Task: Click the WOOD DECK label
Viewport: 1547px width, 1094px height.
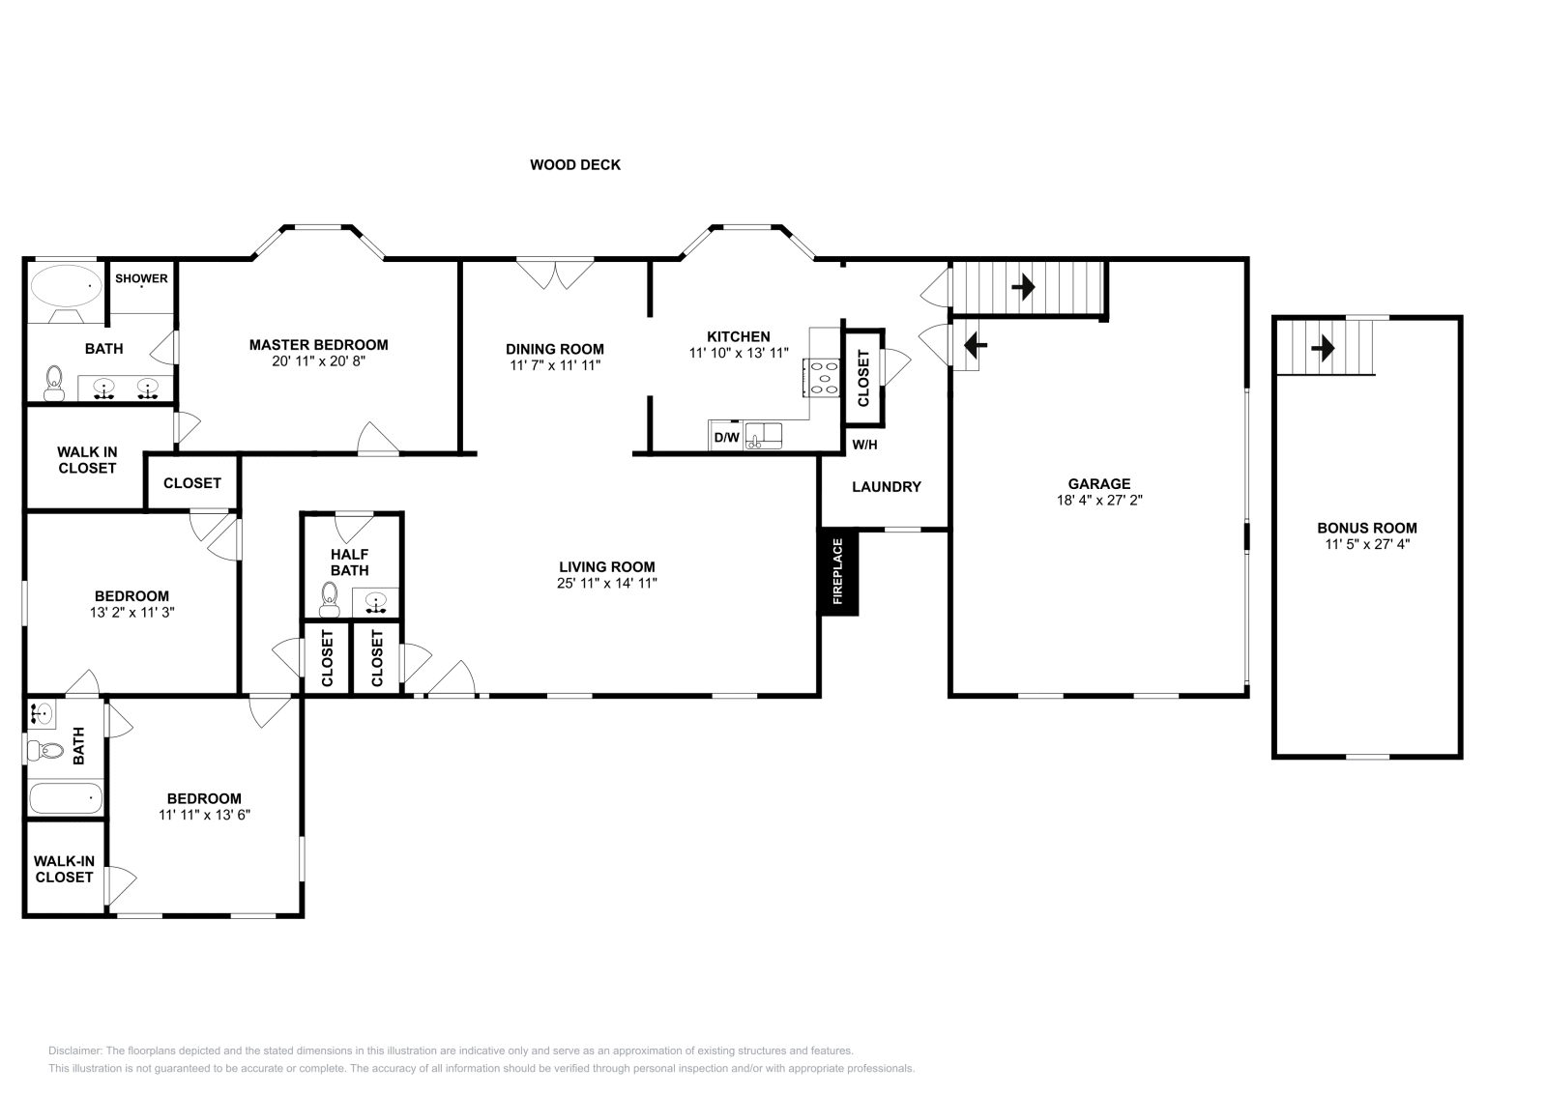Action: click(575, 165)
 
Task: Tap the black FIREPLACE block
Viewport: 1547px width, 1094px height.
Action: click(838, 572)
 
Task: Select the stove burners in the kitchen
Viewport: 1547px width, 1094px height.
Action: click(824, 377)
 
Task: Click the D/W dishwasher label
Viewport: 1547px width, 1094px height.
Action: click(726, 438)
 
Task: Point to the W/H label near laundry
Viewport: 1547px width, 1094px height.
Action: click(864, 445)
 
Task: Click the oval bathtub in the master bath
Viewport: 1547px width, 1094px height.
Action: click(66, 286)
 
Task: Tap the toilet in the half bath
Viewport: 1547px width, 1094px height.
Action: click(330, 605)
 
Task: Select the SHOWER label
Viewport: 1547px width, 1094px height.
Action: click(141, 278)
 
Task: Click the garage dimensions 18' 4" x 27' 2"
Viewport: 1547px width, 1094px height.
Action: click(1099, 501)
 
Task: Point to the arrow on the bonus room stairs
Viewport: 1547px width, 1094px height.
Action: click(1322, 347)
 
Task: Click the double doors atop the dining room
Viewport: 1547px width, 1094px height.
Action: click(555, 273)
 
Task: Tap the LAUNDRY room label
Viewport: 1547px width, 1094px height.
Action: click(886, 487)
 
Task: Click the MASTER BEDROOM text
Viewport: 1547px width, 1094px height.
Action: click(318, 345)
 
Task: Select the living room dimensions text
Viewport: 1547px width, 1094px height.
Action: click(607, 584)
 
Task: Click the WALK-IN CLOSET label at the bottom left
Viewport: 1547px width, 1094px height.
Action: click(64, 869)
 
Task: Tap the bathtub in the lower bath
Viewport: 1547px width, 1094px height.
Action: click(66, 799)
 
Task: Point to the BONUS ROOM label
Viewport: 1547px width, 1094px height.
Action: click(1366, 528)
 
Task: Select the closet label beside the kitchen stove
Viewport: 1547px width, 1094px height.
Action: click(863, 377)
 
